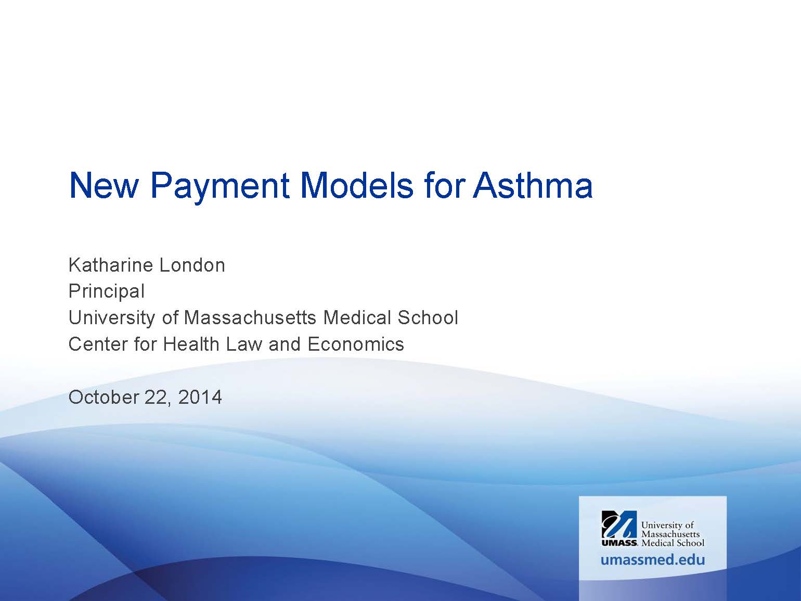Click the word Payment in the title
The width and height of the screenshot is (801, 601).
point(219,187)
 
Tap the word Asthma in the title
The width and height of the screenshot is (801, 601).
point(533,185)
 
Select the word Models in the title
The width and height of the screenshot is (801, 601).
point(356,185)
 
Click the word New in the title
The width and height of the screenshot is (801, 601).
point(104,185)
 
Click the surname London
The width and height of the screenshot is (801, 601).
point(192,265)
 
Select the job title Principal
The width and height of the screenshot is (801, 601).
point(107,292)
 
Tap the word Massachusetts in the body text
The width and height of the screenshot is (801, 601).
point(250,317)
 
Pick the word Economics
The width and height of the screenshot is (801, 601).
point(356,344)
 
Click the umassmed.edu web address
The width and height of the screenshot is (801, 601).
point(652,560)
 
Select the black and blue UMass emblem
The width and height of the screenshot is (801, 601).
point(619,524)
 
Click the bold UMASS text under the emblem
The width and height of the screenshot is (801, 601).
point(619,543)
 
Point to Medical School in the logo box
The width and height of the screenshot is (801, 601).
point(673,543)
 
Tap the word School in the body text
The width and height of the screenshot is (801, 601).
point(428,317)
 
